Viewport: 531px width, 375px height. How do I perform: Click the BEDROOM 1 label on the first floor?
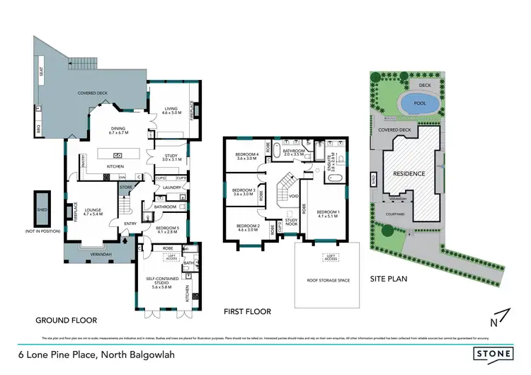(329, 213)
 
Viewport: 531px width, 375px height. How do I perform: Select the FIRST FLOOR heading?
(247, 311)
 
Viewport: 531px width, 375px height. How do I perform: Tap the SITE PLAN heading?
(389, 279)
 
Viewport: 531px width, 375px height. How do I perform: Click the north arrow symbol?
(498, 316)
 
